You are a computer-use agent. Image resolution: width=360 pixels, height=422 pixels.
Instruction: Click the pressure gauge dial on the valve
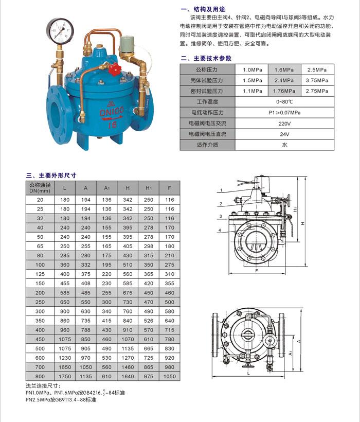[61, 31]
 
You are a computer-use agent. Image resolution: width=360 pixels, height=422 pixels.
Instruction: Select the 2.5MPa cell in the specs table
[317, 69]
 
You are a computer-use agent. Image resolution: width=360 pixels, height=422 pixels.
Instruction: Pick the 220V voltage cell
[284, 124]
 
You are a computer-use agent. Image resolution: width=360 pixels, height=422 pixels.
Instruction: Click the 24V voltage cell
[284, 134]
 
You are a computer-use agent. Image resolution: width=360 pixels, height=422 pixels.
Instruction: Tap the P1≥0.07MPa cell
[284, 113]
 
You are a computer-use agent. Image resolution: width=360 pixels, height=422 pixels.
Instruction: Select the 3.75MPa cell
[317, 80]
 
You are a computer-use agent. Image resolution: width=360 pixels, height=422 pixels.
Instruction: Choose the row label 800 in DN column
[40, 377]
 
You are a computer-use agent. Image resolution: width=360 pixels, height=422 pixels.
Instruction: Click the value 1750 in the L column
[65, 377]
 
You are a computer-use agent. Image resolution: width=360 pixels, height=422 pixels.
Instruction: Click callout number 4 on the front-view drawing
[219, 230]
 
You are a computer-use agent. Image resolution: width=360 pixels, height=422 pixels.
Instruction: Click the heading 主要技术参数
[210, 58]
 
